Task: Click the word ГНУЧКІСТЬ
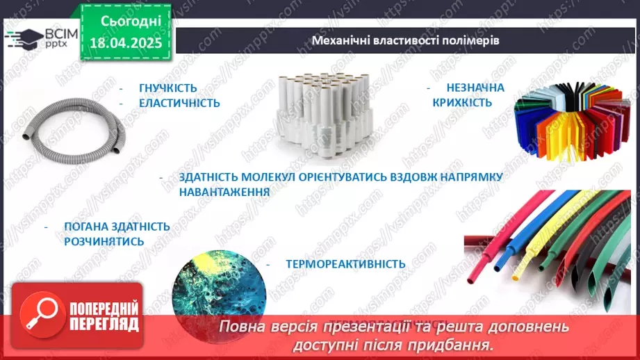tap(167, 88)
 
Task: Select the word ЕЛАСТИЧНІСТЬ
tap(179, 103)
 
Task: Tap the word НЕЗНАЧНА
tap(475, 88)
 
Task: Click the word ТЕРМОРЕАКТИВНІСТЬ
tap(345, 264)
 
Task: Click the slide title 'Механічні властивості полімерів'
tap(406, 40)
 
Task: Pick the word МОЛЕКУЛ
tap(257, 177)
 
